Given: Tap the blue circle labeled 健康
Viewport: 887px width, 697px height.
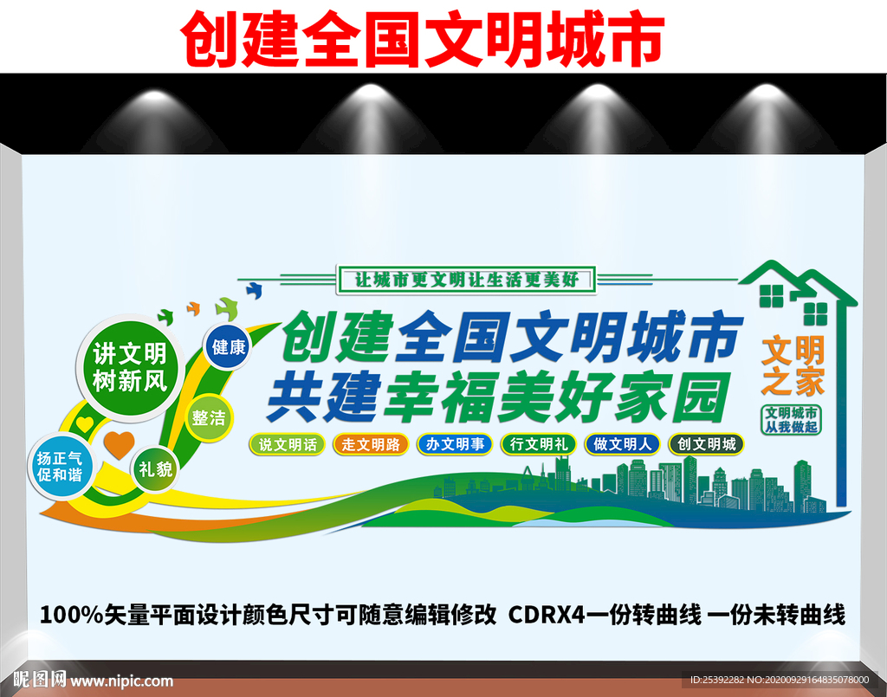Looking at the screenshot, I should coord(229,347).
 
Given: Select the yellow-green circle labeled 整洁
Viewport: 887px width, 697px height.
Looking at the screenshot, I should coord(209,418).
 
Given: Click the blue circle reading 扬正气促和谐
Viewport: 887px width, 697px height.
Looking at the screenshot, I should coord(60,468).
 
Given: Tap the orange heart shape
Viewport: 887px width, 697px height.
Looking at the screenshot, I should coord(120,444).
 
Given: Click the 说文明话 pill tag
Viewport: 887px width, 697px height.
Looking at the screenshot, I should coord(288,445).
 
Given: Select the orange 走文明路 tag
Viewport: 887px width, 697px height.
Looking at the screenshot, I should coord(371,445).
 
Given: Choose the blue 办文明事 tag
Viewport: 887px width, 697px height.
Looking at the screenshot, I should coord(455,445).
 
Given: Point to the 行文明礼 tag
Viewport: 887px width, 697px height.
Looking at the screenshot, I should coord(538,445).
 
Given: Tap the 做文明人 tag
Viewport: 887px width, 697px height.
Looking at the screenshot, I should coord(623,445).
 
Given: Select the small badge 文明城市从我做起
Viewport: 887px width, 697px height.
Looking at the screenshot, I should coord(790,419).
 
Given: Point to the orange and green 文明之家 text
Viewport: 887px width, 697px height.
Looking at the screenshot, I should coord(793,365).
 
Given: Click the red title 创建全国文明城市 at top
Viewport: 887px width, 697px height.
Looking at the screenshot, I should coord(422,38).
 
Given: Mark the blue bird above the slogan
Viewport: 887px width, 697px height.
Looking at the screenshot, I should coord(254,287).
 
